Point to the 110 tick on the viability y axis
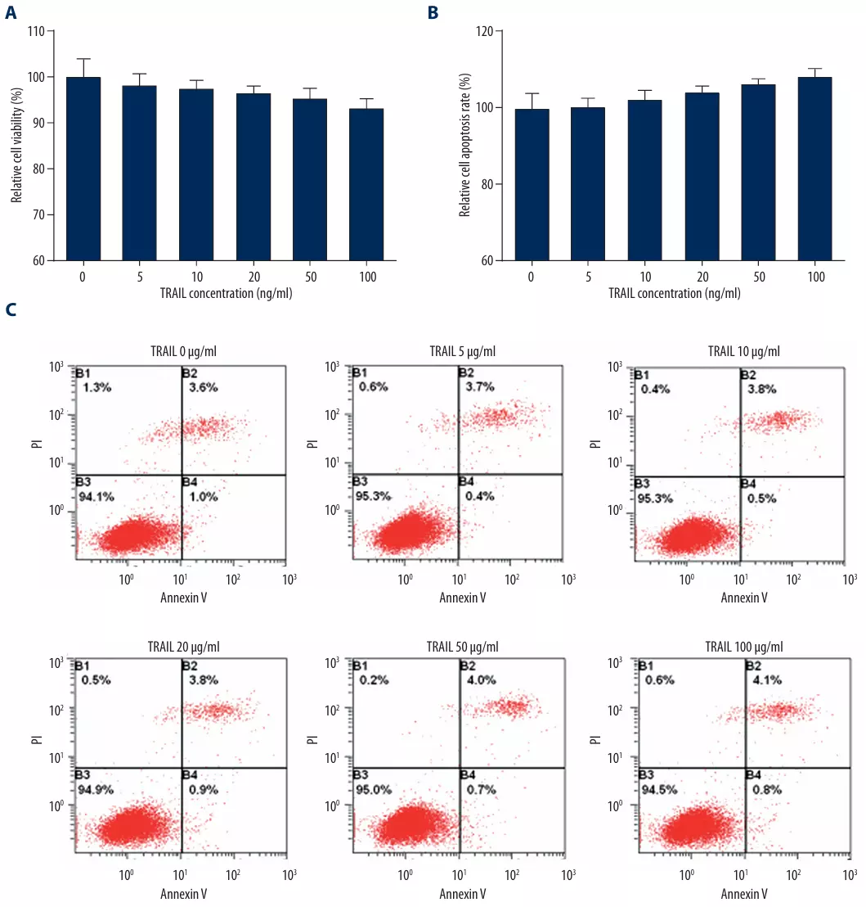(38, 31)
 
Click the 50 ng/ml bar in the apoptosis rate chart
(758, 172)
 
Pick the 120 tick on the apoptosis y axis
(485, 31)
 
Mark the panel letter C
(11, 310)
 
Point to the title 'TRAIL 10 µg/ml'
(743, 351)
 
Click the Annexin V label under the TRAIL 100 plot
(743, 893)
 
